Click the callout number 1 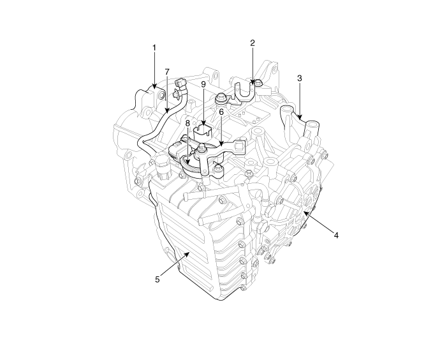coord(154,48)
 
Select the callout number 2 coord(253,43)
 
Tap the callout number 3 coord(299,78)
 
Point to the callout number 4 coord(336,236)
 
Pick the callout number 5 coord(158,280)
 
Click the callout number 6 coord(221,112)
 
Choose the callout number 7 coord(167,71)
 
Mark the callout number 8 coord(187,124)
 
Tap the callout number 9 coord(203,84)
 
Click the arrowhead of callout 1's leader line coord(154,86)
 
